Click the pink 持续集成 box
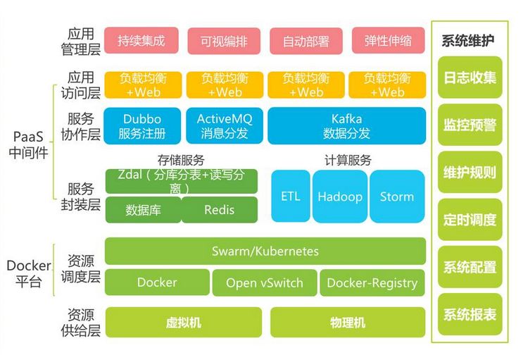point(141,41)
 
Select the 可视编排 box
point(223,41)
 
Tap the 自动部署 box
point(305,41)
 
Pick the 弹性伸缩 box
point(388,41)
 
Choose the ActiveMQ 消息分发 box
point(224,125)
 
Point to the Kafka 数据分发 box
point(346,125)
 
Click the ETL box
point(290,197)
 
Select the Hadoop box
point(340,197)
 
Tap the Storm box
point(397,197)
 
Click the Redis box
point(219,209)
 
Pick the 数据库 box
point(143,209)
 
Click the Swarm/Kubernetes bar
point(265,251)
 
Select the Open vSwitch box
point(264,283)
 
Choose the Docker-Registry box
point(372,283)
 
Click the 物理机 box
point(348,323)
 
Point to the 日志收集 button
point(470,77)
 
